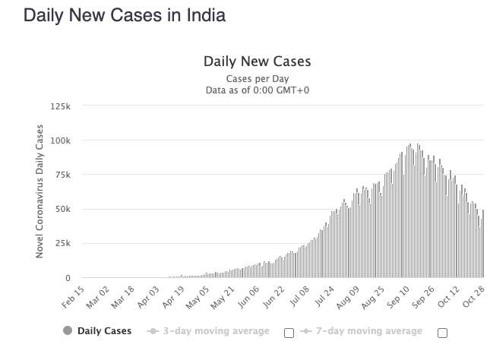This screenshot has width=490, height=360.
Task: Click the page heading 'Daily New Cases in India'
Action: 125,15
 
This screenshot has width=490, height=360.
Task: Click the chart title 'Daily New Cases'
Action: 257,62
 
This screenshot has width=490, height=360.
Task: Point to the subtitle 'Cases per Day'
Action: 257,79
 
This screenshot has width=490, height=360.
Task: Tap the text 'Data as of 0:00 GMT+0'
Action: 257,90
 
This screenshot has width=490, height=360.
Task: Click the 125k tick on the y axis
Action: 60,106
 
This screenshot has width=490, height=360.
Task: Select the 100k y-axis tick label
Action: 60,141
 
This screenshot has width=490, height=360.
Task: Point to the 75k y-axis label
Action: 62,175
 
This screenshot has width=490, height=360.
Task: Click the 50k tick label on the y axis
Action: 62,209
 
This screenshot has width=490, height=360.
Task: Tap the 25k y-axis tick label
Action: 62,243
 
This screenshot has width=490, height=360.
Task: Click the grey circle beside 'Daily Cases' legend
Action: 68,331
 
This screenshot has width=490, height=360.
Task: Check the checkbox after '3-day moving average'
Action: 289,332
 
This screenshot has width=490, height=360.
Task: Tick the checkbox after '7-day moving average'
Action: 443,332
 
